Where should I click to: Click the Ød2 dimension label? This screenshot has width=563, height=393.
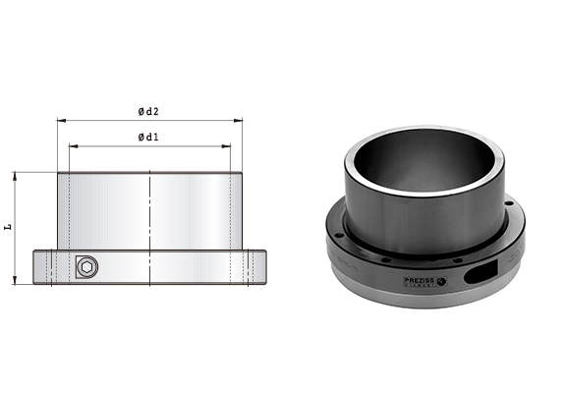[149, 111]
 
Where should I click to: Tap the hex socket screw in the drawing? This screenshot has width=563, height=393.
[86, 268]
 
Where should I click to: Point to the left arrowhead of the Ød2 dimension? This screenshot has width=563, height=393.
[60, 121]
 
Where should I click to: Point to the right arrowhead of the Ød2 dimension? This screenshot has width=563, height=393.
[239, 121]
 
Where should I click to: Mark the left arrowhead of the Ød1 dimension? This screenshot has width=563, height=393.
[72, 145]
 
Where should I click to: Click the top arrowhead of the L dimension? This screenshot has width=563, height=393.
[16, 175]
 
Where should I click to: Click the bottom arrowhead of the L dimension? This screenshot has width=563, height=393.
[16, 282]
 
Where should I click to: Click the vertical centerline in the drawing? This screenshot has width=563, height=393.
[149, 226]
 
